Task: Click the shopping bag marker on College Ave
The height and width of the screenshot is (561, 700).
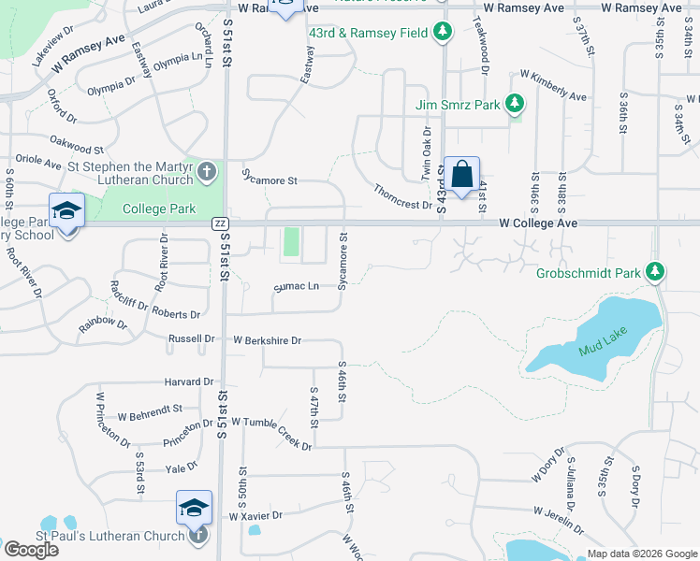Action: coord(461,175)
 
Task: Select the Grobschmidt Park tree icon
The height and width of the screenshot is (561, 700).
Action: coord(656,273)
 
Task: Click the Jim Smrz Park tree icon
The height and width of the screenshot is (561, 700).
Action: coord(514,105)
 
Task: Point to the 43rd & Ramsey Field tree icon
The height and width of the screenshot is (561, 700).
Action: coord(442,33)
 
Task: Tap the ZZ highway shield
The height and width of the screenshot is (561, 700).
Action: coord(221,223)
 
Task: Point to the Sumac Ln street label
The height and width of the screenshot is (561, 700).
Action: coord(296,287)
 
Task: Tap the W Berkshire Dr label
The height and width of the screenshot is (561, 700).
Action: coord(267,340)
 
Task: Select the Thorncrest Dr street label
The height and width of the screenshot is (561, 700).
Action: coord(402,196)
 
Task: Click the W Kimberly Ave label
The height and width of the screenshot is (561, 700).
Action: coord(553,87)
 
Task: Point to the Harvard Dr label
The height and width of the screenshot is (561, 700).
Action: coord(189,381)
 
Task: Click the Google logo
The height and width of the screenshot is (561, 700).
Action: coord(31,550)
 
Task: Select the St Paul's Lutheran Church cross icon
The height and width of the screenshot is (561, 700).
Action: coord(197,536)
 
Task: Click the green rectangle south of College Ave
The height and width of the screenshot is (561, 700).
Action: coord(291,242)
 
